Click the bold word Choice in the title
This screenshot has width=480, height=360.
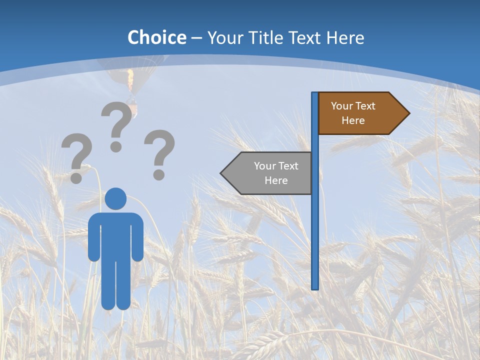156,37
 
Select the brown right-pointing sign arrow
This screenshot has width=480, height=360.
360,113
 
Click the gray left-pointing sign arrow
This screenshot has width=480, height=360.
270,173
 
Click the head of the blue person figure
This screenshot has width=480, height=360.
115,198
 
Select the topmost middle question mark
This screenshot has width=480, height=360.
117,125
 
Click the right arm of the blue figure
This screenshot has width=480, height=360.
137,237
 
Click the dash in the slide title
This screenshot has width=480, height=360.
196,38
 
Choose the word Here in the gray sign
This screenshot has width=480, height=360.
276,180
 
